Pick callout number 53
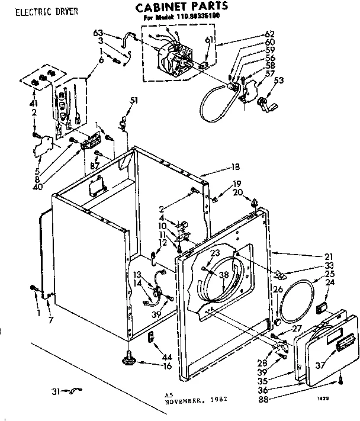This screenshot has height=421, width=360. [278, 81]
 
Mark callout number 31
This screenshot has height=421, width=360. [54, 391]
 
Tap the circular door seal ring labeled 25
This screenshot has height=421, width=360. [297, 303]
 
